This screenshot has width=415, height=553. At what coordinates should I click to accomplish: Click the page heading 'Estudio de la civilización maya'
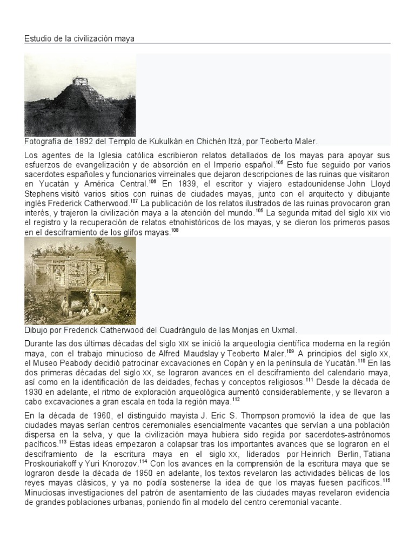coord(79,38)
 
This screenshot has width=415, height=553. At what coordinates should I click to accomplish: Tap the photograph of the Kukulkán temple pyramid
coord(80,95)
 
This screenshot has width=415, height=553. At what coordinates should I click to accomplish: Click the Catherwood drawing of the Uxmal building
coord(80,281)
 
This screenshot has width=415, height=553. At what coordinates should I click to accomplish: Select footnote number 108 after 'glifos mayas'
coord(175,230)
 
